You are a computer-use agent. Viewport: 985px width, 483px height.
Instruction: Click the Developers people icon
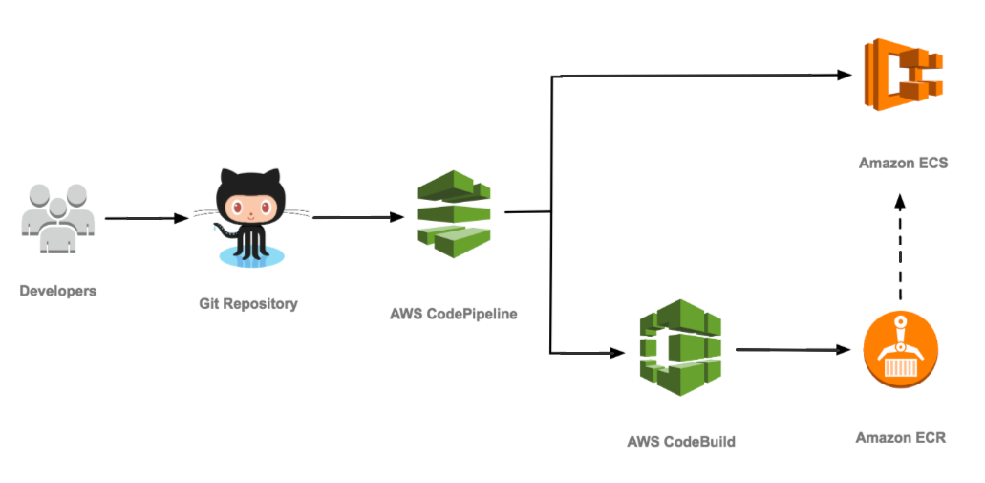point(57,219)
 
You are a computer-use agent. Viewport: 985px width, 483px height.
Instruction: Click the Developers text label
point(58,290)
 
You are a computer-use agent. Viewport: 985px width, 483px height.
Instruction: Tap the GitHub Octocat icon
point(250,216)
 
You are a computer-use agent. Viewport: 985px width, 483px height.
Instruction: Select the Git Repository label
point(248,304)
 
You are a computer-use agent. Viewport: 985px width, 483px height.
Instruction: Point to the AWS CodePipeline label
point(454,313)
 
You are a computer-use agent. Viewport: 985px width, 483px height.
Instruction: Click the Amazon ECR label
point(901,438)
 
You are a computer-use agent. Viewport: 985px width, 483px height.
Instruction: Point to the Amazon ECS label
point(903,164)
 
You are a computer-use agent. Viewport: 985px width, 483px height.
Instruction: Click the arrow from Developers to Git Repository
point(146,219)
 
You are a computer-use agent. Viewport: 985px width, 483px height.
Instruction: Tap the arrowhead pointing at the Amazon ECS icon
point(844,75)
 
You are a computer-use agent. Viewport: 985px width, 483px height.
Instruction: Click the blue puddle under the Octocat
point(250,255)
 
